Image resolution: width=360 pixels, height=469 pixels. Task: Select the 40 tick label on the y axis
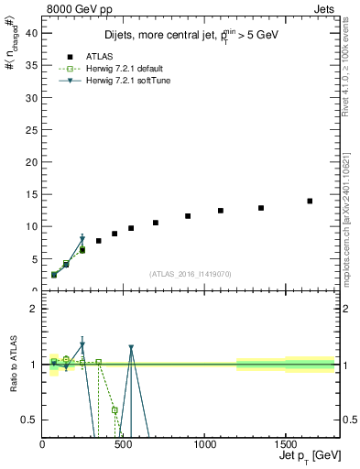point(33,32)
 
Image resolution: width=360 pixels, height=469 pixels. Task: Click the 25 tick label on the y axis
point(33,129)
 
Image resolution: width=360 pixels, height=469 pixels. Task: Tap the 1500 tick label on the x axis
point(285,442)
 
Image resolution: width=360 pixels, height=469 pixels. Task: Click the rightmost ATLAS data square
point(310,201)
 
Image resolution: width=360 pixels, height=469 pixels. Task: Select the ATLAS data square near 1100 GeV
point(221,211)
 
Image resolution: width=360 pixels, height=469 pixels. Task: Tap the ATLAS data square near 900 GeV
point(188,216)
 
